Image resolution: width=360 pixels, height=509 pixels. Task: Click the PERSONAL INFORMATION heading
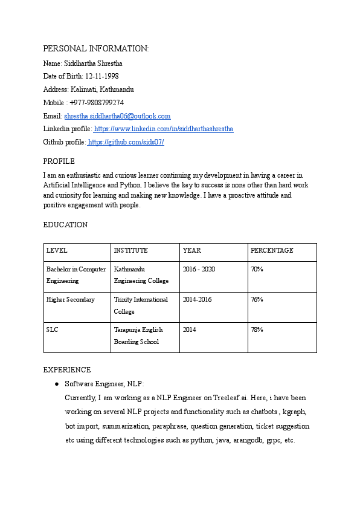pyautogui.click(x=95, y=48)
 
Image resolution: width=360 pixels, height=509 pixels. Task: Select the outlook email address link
pyautogui.click(x=117, y=116)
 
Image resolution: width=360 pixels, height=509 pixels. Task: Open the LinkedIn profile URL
pyautogui.click(x=164, y=129)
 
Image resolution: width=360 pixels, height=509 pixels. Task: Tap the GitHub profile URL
pyautogui.click(x=126, y=143)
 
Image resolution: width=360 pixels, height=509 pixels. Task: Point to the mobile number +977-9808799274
pyautogui.click(x=97, y=103)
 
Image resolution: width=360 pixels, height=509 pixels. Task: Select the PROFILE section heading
pyautogui.click(x=59, y=161)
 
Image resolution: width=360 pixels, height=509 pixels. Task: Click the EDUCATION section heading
pyautogui.click(x=65, y=225)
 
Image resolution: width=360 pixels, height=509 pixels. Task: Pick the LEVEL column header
pyautogui.click(x=57, y=250)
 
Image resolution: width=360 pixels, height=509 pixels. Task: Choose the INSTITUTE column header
pyautogui.click(x=130, y=250)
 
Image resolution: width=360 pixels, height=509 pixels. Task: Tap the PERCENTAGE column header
pyautogui.click(x=272, y=250)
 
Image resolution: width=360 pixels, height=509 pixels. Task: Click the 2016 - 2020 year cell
pyautogui.click(x=198, y=269)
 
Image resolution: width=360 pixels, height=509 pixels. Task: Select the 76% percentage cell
pyautogui.click(x=257, y=300)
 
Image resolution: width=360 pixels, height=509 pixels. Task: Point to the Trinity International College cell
pyautogui.click(x=141, y=305)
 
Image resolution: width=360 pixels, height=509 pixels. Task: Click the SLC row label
pyautogui.click(x=52, y=330)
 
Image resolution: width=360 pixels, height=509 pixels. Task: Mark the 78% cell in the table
pyautogui.click(x=257, y=330)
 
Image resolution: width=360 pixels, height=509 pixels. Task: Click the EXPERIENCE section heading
pyautogui.click(x=67, y=370)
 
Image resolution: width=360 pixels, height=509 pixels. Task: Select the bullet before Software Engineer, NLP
pyautogui.click(x=56, y=384)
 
